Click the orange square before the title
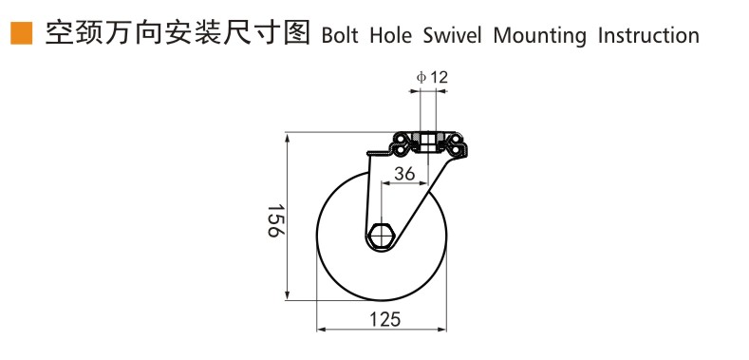(x=19, y=35)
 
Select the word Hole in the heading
(x=397, y=36)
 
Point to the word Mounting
(x=545, y=37)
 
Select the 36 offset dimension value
(x=404, y=174)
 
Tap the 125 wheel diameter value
(x=384, y=320)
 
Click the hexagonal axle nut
(x=382, y=234)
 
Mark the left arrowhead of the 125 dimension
(x=321, y=330)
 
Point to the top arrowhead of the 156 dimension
(x=287, y=139)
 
